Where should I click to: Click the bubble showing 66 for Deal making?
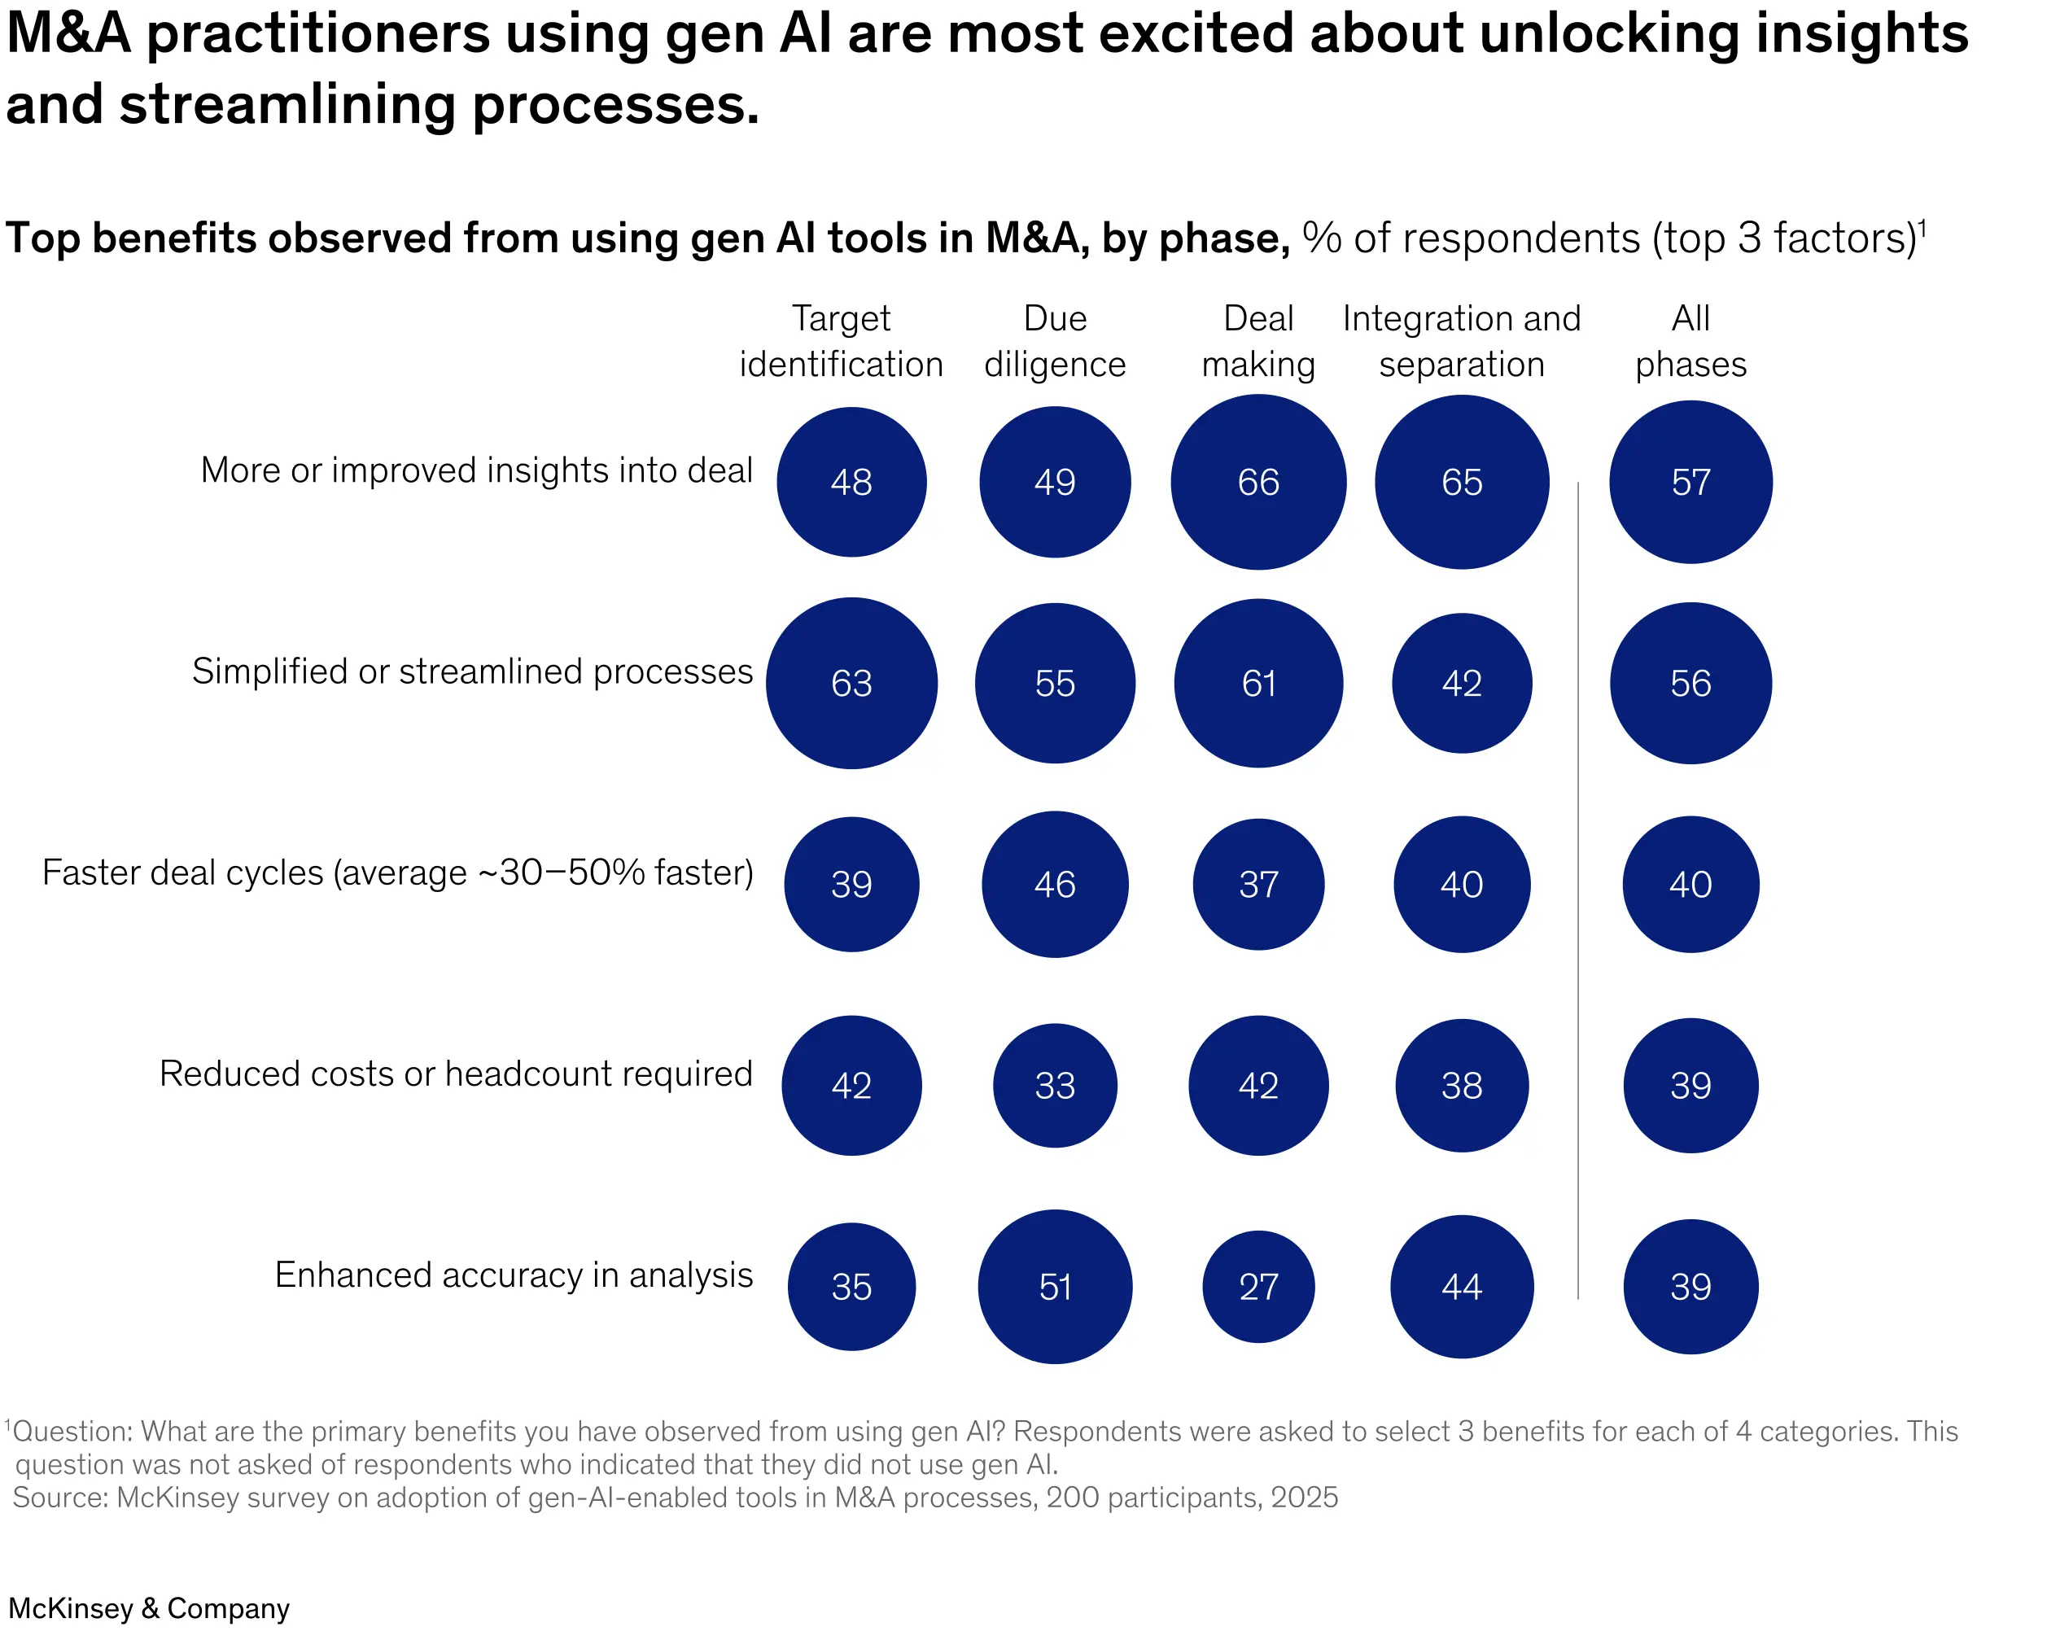[x=1257, y=483]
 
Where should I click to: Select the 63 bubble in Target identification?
[x=851, y=684]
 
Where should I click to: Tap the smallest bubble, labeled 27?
[x=1257, y=1287]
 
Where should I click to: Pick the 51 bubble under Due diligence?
[x=1054, y=1287]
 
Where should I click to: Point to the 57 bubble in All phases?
[x=1690, y=483]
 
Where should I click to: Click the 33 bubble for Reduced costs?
[x=1054, y=1086]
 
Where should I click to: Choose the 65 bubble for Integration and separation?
[x=1461, y=483]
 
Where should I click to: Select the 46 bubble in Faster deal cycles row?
[x=1054, y=884]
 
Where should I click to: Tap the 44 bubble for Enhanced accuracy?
[x=1461, y=1287]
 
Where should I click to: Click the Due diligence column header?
[x=1054, y=341]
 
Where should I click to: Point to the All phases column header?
[x=1690, y=341]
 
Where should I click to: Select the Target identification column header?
[x=841, y=341]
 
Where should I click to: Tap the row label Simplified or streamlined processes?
[x=472, y=671]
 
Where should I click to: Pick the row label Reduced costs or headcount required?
[x=456, y=1074]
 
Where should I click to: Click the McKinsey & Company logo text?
[x=148, y=1607]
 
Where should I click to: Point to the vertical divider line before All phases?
[x=1577, y=889]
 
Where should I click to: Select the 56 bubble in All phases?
[x=1690, y=684]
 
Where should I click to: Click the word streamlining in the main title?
[x=286, y=105]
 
